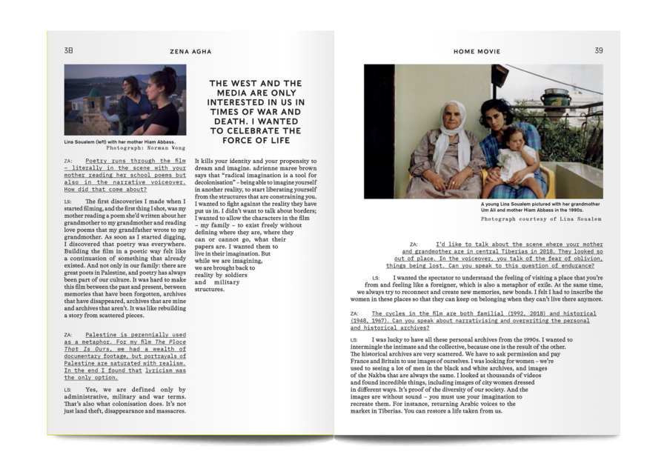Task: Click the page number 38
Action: click(68, 51)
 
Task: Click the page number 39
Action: click(599, 51)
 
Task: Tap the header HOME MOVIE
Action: click(477, 52)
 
